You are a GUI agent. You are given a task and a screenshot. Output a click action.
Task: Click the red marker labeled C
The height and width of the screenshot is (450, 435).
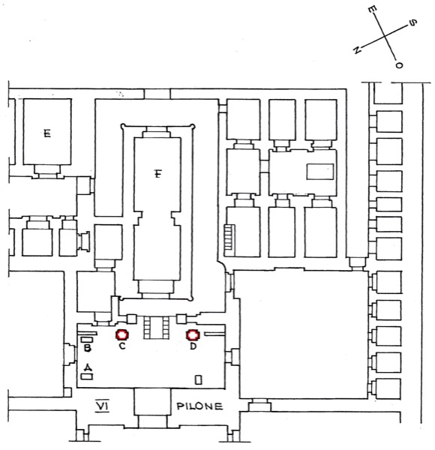pos(122,334)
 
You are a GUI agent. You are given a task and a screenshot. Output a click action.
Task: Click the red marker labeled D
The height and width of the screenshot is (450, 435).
pos(193,334)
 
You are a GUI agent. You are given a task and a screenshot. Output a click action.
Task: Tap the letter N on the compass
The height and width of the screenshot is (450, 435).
pos(357,50)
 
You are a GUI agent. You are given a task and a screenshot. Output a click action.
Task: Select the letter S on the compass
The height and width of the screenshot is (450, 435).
pos(412,22)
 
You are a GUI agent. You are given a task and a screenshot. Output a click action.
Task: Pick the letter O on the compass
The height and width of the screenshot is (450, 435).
pos(399,65)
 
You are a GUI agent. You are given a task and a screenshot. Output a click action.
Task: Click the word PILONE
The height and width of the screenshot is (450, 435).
pos(199,406)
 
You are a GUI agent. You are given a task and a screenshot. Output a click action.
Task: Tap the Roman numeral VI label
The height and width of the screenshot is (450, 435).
pos(103,406)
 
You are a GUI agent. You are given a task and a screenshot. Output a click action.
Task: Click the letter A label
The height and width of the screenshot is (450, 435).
pos(88,367)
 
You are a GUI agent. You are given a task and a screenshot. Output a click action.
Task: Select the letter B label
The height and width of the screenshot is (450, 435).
pos(88,348)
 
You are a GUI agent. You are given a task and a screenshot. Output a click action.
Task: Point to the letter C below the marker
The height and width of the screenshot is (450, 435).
pos(122,346)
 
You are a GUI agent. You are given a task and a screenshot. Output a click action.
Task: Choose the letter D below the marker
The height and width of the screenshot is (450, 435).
pos(193,346)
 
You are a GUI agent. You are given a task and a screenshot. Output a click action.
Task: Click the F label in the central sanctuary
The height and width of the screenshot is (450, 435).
pos(157,174)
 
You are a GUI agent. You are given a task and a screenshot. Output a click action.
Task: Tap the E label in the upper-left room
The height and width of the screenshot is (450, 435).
pos(47,133)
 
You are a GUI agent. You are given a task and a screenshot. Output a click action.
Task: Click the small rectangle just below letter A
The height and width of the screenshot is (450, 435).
pos(87,376)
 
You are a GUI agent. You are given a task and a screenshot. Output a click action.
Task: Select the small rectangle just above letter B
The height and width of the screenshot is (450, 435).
pos(87,340)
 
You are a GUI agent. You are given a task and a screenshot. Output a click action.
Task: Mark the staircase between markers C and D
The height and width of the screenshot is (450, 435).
pos(157,328)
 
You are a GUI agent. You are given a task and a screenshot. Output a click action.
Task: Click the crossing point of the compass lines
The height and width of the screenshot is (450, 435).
pos(385,37)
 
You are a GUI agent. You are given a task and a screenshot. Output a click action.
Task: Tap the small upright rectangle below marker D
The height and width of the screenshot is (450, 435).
pos(198,379)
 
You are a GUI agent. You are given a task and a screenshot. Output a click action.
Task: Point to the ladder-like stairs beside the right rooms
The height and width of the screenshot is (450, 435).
pos(229,241)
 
